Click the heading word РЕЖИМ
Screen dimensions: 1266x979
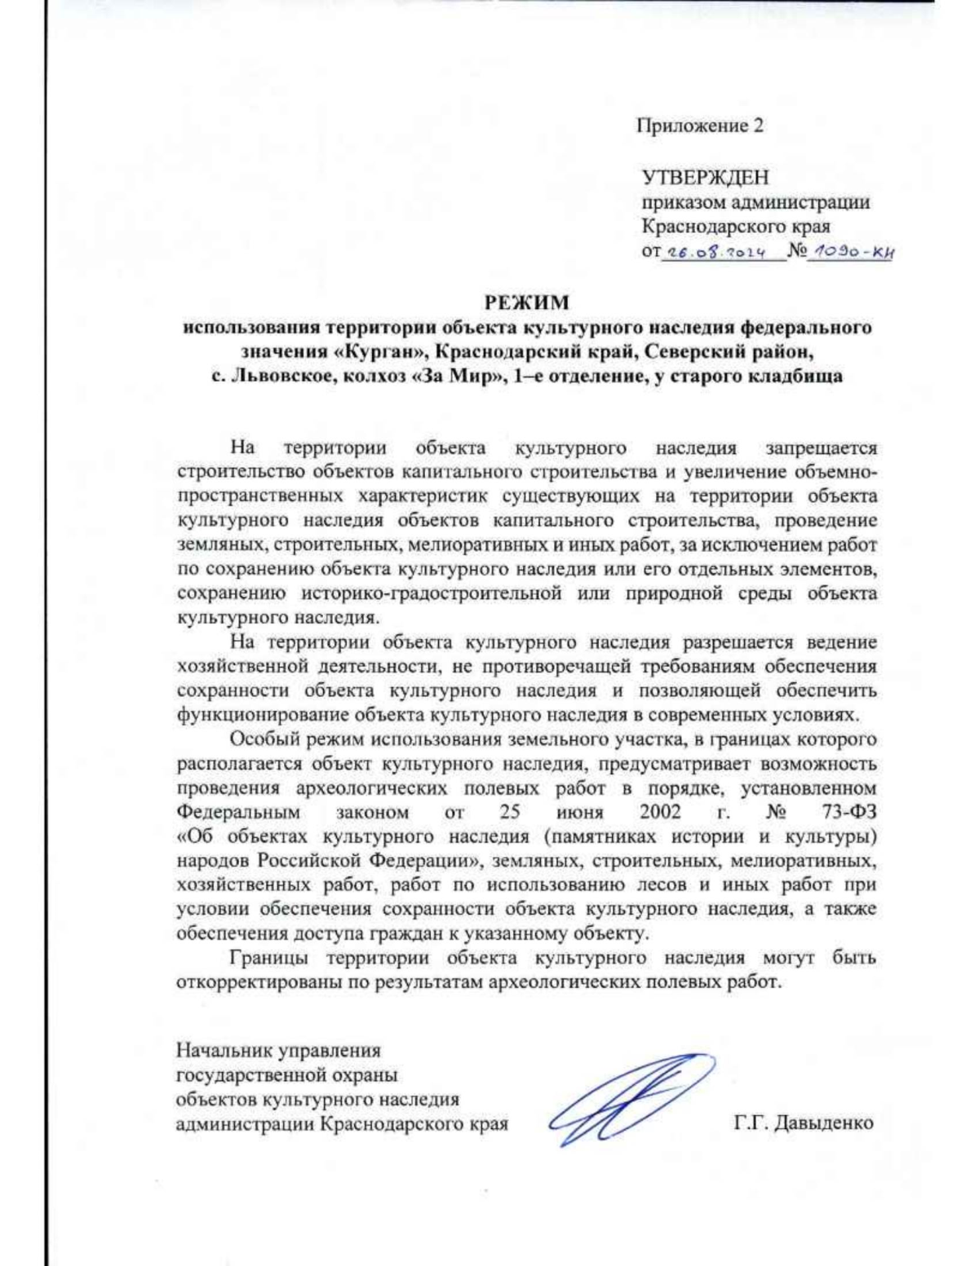527,303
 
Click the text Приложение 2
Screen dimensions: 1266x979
700,126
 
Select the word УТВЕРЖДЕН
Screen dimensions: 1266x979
705,177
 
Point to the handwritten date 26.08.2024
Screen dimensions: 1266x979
714,253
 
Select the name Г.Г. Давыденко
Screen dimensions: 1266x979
804,1123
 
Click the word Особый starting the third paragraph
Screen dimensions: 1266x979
263,740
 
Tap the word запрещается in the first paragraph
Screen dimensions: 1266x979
822,448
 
